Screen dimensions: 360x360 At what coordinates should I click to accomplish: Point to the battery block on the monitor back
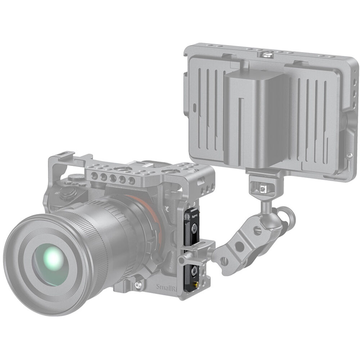pyautogui.click(x=256, y=119)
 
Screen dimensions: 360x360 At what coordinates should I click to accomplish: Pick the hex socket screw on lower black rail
pyautogui.click(x=194, y=270)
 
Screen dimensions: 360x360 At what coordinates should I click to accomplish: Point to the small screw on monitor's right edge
pyautogui.click(x=348, y=156)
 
